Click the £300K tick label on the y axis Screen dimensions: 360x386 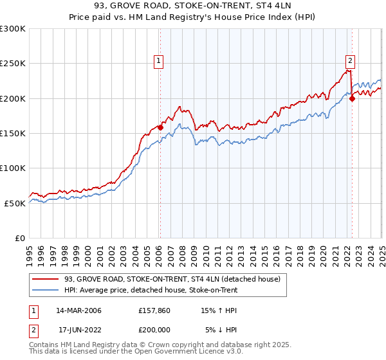12,29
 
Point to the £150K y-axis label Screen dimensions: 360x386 12,133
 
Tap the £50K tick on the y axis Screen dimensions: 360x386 15,203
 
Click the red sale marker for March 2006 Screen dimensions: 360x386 160,127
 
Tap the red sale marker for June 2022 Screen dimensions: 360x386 353,98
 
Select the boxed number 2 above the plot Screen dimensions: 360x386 350,61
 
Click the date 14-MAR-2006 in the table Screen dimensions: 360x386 78,310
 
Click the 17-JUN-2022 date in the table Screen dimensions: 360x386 78,330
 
